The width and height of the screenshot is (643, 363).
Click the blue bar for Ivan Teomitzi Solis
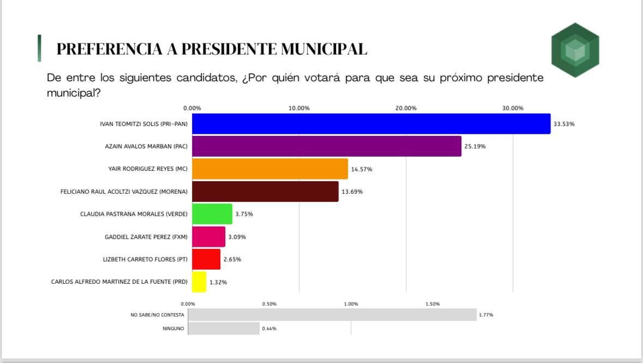371,124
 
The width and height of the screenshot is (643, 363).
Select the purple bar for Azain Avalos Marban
326,146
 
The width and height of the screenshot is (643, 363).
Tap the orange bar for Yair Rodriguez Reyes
270,169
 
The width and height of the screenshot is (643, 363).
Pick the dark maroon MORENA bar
265,192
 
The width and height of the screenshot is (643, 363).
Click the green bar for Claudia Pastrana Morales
212,214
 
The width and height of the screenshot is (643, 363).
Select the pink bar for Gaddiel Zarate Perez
208,237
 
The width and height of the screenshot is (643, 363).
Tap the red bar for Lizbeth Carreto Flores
206,259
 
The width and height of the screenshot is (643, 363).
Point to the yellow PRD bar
199,282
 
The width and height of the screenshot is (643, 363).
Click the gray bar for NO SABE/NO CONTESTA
332,315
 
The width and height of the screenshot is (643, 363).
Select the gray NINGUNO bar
224,329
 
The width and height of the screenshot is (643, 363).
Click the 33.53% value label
564,124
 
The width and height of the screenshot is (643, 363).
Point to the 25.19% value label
474,146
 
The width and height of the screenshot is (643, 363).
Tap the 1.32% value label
218,282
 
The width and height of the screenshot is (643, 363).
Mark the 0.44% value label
269,329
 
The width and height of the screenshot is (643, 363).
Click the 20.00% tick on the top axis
406,108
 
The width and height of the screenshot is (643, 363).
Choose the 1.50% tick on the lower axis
432,304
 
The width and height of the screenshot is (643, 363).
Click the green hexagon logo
575,50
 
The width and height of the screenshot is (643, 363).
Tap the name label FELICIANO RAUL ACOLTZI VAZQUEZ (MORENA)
124,192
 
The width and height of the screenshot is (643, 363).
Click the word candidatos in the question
205,78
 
